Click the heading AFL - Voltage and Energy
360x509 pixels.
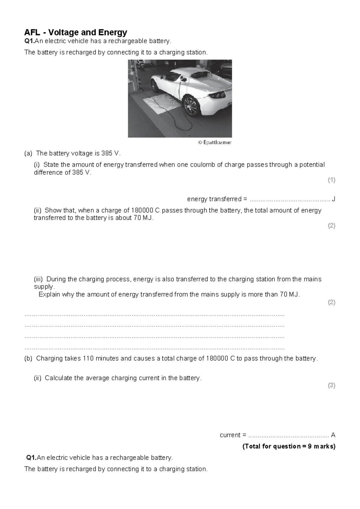click(76, 32)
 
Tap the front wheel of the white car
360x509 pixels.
click(155, 85)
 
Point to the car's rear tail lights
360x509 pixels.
click(217, 95)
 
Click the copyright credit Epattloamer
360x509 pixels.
click(215, 143)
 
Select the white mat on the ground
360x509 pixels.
click(162, 104)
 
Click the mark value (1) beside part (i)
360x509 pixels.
click(331, 180)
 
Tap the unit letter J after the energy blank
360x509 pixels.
click(334, 199)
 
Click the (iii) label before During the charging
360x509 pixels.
click(38, 279)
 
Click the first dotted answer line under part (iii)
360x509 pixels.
click(154, 315)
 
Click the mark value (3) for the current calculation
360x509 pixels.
click(331, 386)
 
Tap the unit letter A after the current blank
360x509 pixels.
click(333, 435)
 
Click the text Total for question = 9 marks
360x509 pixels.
click(289, 446)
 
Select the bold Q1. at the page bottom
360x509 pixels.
click(31, 458)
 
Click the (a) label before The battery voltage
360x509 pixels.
click(28, 153)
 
